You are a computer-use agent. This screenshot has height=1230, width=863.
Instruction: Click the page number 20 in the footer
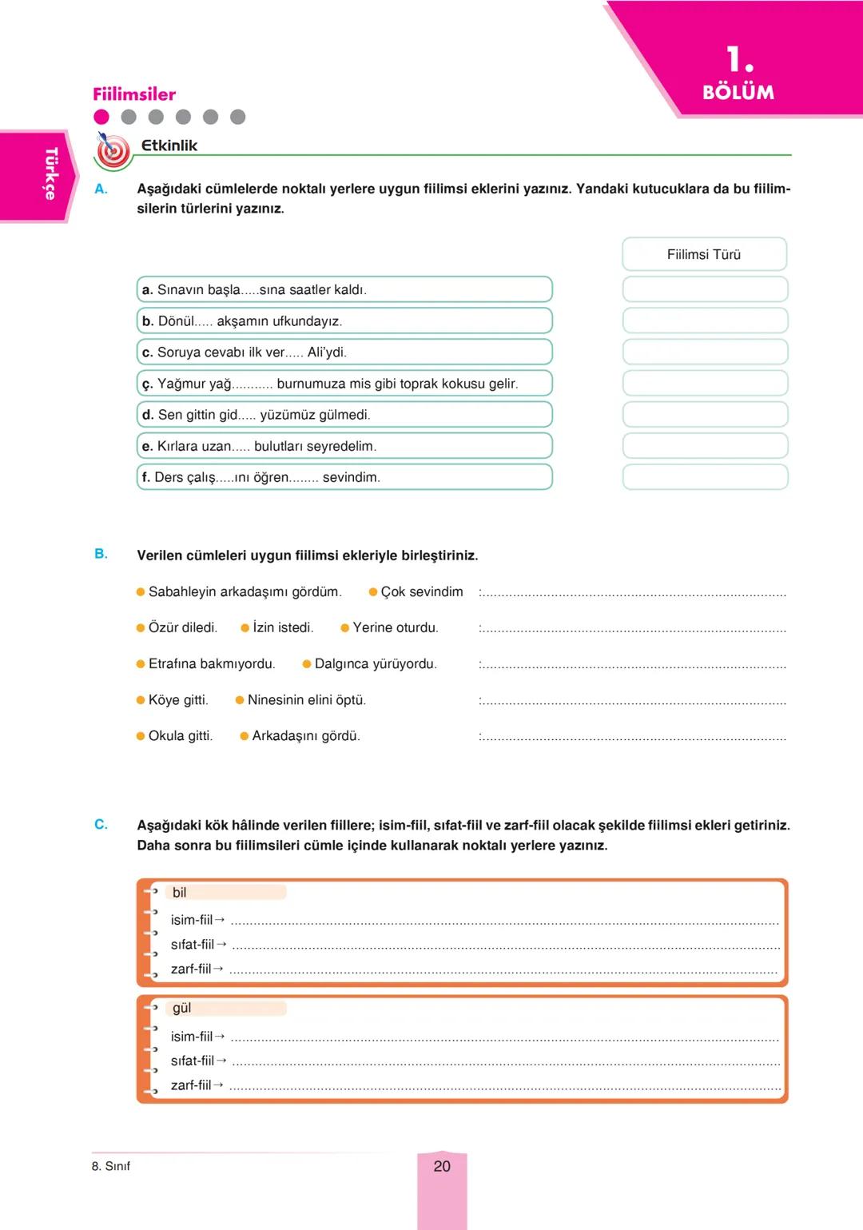(441, 1166)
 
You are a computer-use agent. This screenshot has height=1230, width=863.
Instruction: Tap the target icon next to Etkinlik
(113, 149)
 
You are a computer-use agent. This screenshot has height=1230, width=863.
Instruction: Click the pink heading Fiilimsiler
(134, 94)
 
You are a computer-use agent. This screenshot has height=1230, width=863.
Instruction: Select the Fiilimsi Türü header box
(704, 254)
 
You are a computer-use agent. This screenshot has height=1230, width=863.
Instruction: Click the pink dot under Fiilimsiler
(101, 117)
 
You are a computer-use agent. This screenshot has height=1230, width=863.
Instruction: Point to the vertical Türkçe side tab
(50, 173)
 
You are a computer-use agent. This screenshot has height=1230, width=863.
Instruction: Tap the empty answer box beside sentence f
(705, 477)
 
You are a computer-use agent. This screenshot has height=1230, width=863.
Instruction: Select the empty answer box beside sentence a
(705, 289)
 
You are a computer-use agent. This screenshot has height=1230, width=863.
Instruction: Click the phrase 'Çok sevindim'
(421, 592)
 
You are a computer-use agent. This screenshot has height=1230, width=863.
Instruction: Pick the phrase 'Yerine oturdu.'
(395, 628)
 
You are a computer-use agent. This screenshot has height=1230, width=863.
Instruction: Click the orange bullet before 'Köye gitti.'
(141, 700)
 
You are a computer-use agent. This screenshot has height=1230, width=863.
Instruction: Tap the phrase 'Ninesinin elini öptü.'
(306, 700)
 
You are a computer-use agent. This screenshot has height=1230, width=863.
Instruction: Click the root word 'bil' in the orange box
(180, 893)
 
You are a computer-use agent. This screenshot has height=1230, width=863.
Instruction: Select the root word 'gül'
(181, 1009)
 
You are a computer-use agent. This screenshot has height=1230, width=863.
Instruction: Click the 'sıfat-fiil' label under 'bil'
(193, 945)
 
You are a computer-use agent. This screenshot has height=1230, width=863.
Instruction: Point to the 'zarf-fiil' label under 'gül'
(191, 1085)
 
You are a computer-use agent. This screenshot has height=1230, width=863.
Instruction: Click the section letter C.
(101, 825)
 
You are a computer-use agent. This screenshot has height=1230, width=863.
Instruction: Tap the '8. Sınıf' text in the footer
(111, 1166)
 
